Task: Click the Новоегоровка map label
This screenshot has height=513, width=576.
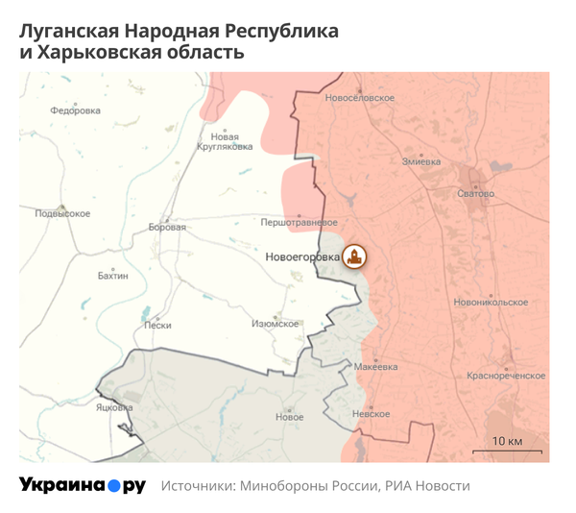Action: pyautogui.click(x=301, y=257)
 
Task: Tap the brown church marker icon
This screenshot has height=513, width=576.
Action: pyautogui.click(x=356, y=256)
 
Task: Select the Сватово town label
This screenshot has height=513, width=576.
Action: pyautogui.click(x=476, y=194)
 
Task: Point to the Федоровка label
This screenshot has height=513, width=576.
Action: pyautogui.click(x=76, y=110)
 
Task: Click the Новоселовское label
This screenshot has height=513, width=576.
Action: pyautogui.click(x=360, y=98)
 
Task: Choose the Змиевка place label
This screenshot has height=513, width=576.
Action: pyautogui.click(x=421, y=160)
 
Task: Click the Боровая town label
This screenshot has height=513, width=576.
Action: pyautogui.click(x=167, y=228)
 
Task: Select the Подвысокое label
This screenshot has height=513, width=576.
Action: pyautogui.click(x=62, y=213)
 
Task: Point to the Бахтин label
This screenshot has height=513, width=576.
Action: pyautogui.click(x=113, y=276)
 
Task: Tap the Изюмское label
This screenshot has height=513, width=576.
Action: pyautogui.click(x=276, y=324)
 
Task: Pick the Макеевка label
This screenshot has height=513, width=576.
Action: pyautogui.click(x=375, y=367)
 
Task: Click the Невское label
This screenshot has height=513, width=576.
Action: pyautogui.click(x=372, y=414)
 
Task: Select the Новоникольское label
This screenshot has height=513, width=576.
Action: pyautogui.click(x=492, y=302)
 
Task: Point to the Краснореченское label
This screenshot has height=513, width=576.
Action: pyautogui.click(x=506, y=376)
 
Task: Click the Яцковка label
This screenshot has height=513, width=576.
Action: pyautogui.click(x=114, y=407)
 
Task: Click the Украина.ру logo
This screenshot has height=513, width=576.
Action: pyautogui.click(x=83, y=486)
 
